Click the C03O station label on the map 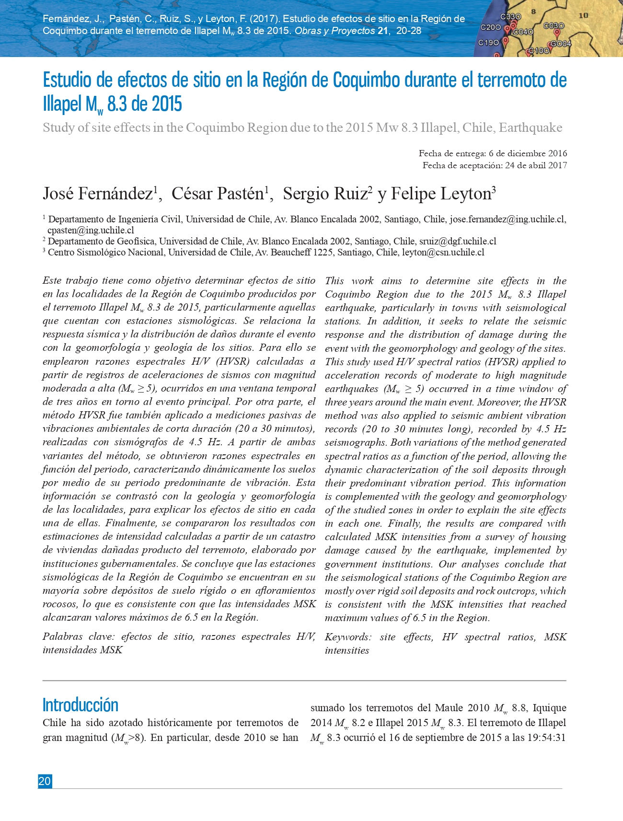coord(554,26)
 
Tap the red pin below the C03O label coord(557,33)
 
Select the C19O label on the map coord(488,43)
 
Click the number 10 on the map coord(583,15)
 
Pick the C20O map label coord(491,28)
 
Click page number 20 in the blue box coord(45,781)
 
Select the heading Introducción coord(80,705)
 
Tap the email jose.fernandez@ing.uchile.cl coord(508,220)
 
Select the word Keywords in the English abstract coord(347,637)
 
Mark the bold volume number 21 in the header coord(382,31)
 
